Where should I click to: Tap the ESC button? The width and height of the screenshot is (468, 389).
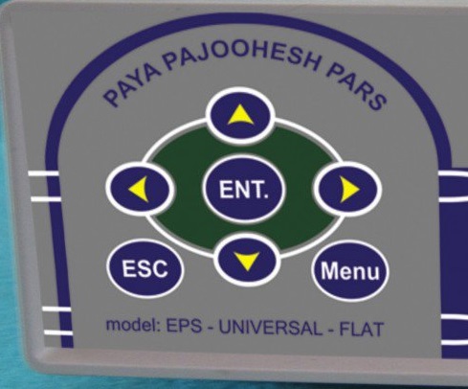[145, 268]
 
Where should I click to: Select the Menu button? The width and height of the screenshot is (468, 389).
[350, 271]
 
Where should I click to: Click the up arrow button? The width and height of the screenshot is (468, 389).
[240, 115]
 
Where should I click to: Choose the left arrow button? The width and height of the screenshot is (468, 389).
[141, 190]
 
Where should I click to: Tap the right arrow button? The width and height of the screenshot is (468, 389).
[347, 190]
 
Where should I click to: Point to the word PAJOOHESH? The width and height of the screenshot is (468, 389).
[242, 57]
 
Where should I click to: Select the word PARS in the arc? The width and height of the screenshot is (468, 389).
[356, 87]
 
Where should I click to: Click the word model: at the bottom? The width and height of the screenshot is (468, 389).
[133, 325]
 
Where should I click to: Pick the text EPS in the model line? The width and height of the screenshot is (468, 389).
[184, 326]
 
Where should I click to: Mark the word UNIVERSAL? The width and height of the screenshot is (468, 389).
[270, 328]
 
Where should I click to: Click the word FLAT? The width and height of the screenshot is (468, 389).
[361, 330]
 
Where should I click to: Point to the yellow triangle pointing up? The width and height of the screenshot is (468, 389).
[240, 116]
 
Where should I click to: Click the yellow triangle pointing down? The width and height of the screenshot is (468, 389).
[248, 261]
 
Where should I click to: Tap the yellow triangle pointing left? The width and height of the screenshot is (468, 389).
[139, 190]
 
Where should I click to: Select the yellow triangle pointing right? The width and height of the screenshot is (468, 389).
[349, 190]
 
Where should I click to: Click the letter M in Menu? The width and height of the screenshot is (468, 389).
[328, 270]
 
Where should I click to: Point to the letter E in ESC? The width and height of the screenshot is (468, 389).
[128, 267]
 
